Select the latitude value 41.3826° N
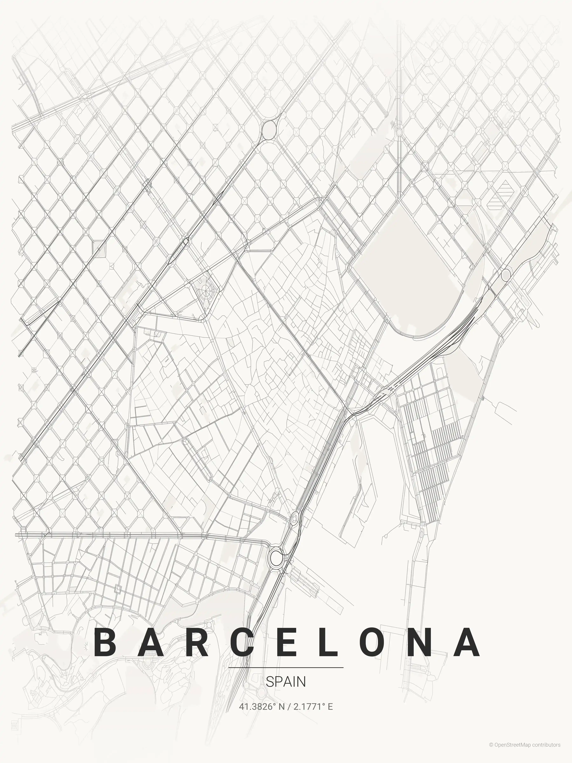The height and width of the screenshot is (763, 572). (x=262, y=707)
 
